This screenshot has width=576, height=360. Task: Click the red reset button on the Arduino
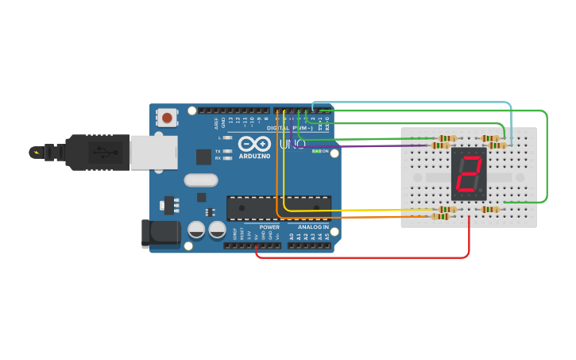point(167,118)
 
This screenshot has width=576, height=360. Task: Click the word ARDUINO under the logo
point(255,157)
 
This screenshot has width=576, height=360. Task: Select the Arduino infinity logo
point(255,144)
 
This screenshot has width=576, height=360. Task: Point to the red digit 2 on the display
point(469,173)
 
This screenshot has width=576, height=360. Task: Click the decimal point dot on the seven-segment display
point(481,192)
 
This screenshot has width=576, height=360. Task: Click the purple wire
point(358,145)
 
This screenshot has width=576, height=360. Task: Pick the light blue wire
point(413,103)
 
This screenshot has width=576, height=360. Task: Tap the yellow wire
point(358,210)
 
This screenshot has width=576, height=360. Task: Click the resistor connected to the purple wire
point(440,145)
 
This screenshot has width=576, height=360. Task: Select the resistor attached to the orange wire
point(440,216)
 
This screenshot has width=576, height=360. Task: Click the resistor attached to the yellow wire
point(447,210)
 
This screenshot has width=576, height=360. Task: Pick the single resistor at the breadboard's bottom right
point(490,210)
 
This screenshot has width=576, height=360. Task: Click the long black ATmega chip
point(279,207)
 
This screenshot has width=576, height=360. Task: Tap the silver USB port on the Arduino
point(154,152)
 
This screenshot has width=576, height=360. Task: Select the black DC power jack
point(161,232)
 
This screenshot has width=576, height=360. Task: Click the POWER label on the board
point(269,226)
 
